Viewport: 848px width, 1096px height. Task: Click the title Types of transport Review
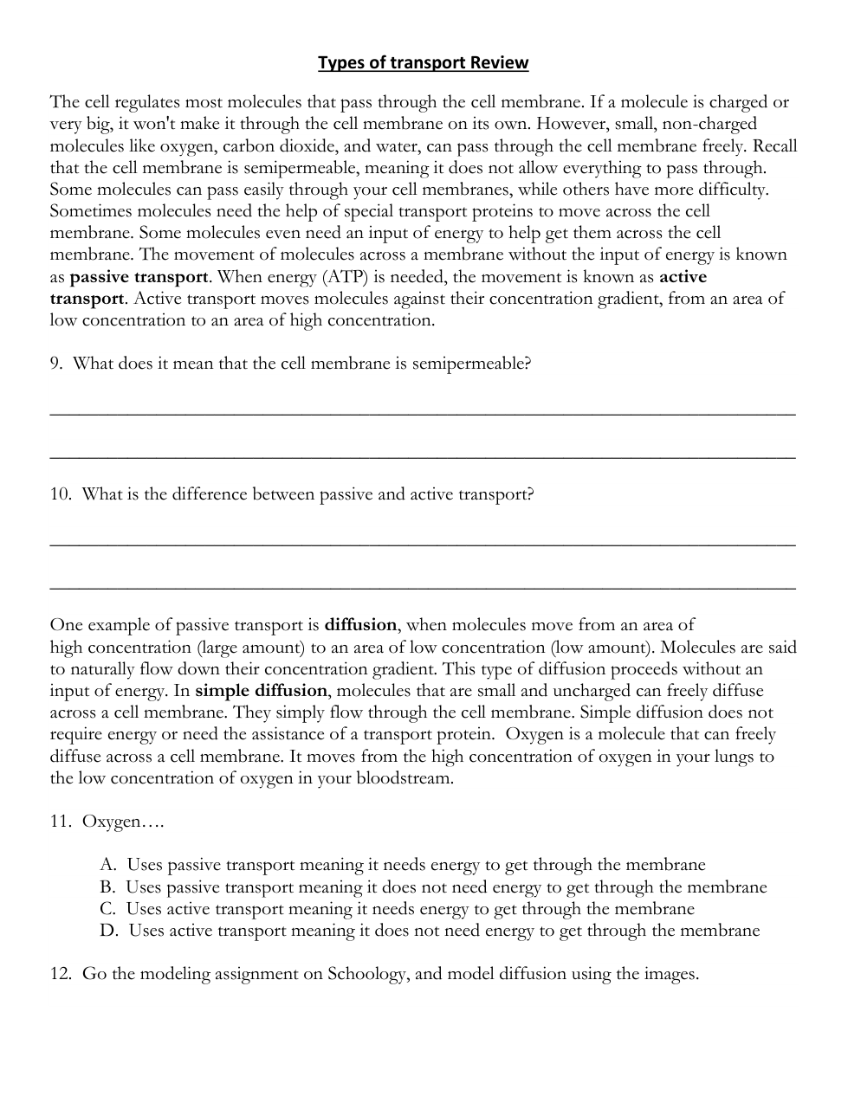tap(423, 62)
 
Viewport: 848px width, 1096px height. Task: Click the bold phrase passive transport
tap(139, 277)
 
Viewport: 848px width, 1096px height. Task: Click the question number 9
tap(55, 364)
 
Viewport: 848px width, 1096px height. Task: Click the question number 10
tap(59, 494)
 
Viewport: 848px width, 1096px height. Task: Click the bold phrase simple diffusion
tap(262, 691)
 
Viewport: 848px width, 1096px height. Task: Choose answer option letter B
tap(107, 887)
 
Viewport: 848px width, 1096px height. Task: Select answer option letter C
tap(107, 909)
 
